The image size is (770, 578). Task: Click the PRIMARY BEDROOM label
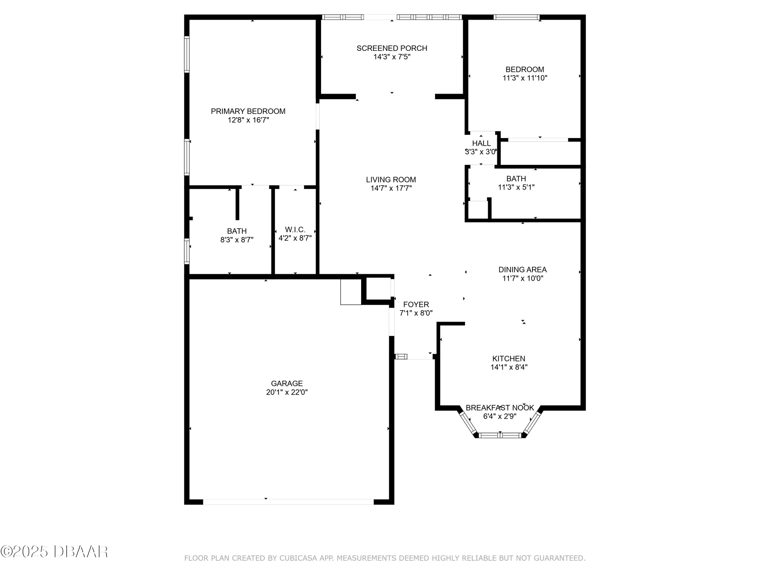coord(248,111)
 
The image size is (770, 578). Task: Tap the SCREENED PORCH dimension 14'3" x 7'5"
coord(392,57)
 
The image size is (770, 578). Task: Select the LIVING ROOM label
coord(391,180)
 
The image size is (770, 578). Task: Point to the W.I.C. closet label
coord(295,230)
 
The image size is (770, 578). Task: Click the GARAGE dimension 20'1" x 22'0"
coord(286,392)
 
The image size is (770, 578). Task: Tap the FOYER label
coord(416,304)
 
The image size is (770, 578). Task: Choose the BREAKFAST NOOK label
coord(500,408)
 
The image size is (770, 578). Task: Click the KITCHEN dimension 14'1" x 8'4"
coord(509,367)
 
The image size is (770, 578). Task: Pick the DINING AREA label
coord(522,270)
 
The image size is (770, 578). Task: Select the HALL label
coord(481,143)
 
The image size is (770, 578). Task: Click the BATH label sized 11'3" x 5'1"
coord(516,179)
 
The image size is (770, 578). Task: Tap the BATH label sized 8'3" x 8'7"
coord(236,231)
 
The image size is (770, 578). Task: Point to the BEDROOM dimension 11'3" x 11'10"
coord(525,78)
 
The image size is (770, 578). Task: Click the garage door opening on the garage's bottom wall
coord(288,502)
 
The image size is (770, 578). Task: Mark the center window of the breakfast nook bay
coord(500,435)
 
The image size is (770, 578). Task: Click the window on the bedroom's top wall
coord(516,17)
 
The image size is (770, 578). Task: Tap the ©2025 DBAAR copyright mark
coord(54,552)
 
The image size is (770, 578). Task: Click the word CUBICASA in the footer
coord(298,558)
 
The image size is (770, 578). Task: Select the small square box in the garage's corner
coord(350,292)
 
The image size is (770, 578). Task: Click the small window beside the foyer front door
coord(401,356)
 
